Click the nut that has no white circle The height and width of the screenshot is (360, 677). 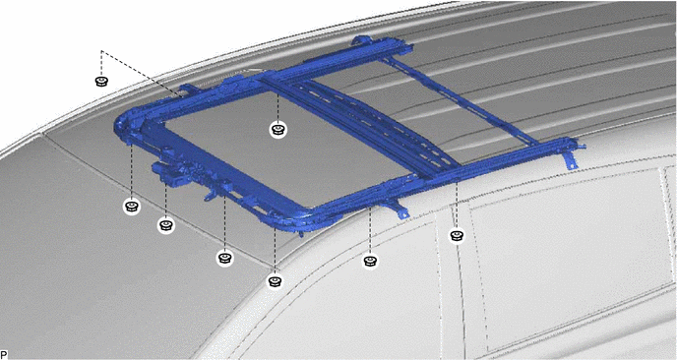(101, 81)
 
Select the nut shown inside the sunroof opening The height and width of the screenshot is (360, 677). (278, 129)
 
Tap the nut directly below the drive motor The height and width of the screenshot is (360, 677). (166, 225)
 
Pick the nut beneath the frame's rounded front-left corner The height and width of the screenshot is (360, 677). (132, 206)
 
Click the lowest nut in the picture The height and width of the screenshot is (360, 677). (276, 281)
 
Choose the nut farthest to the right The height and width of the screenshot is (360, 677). (457, 236)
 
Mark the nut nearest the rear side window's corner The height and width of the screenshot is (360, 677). (457, 236)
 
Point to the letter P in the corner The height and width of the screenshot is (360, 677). (4, 355)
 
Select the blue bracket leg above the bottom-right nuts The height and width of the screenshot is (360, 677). (399, 209)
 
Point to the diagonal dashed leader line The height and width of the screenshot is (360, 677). (141, 73)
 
